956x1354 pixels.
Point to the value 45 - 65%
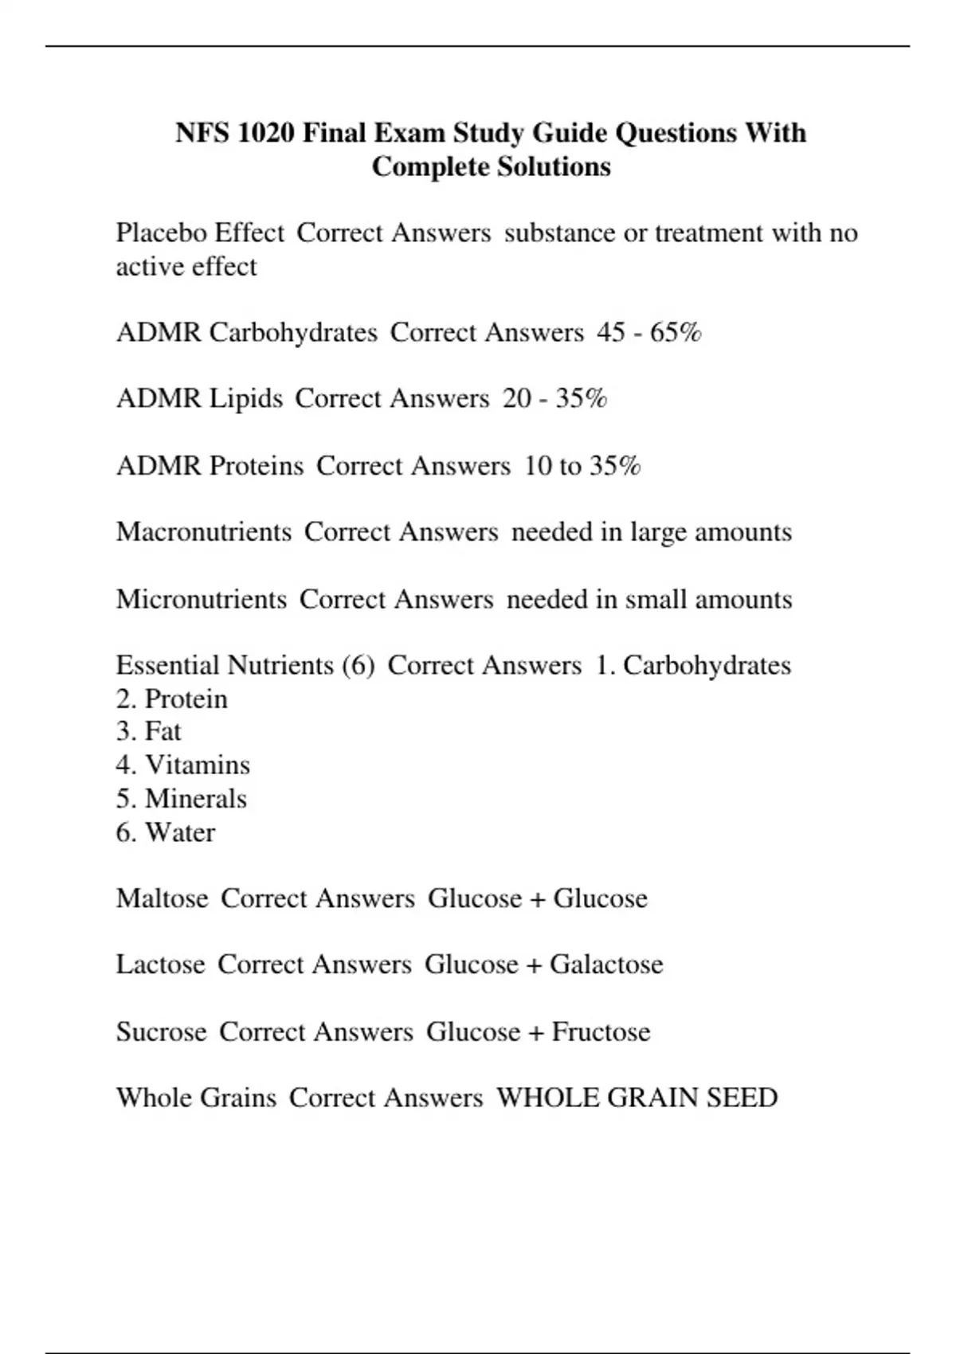point(648,332)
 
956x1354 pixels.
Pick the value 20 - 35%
point(554,398)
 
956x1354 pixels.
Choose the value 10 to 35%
point(582,465)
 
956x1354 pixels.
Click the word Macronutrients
point(204,532)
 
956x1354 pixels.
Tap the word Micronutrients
point(202,599)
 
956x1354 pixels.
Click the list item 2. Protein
point(172,699)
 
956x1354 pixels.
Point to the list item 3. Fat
point(149,731)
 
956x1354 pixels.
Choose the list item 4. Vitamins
point(183,765)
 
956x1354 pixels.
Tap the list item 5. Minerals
point(182,799)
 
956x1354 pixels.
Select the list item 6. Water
point(166,832)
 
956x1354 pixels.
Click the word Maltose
point(162,898)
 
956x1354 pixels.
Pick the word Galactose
point(606,965)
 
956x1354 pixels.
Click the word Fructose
point(601,1032)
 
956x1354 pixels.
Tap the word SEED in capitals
point(741,1098)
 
